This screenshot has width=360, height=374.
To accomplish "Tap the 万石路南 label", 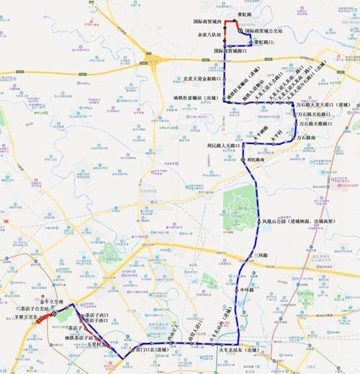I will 317,137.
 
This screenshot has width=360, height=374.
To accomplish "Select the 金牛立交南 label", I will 58,301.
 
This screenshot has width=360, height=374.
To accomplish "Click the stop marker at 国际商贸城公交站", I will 240,31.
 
